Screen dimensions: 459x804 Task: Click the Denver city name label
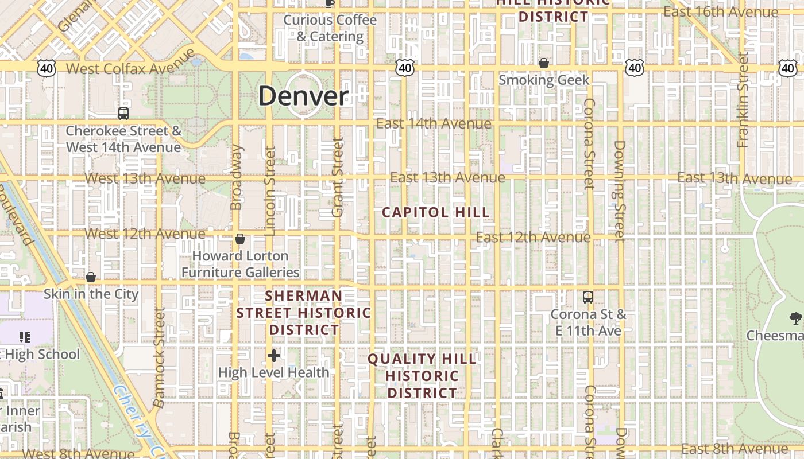(x=303, y=96)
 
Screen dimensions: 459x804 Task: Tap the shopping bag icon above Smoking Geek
(x=543, y=63)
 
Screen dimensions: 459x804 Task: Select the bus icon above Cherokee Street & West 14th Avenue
(x=123, y=113)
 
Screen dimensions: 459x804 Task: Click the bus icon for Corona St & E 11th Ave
(x=588, y=297)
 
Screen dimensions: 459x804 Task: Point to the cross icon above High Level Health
(x=274, y=356)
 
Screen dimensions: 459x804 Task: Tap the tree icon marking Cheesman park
(x=795, y=317)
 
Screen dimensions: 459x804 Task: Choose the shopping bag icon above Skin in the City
(x=91, y=277)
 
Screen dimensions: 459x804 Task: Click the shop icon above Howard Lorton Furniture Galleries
(x=240, y=239)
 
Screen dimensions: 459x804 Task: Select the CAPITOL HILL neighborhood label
(x=436, y=212)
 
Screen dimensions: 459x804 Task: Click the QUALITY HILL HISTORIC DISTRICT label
(x=422, y=376)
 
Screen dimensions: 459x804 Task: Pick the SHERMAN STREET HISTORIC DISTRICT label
(x=304, y=313)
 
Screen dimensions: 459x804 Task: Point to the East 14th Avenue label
(x=434, y=123)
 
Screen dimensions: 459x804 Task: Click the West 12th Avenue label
(x=145, y=234)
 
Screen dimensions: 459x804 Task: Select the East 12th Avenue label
(x=533, y=237)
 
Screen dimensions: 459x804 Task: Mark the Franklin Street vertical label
(x=743, y=100)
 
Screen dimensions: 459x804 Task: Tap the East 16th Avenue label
(x=720, y=11)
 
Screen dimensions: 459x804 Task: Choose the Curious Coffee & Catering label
(x=330, y=28)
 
